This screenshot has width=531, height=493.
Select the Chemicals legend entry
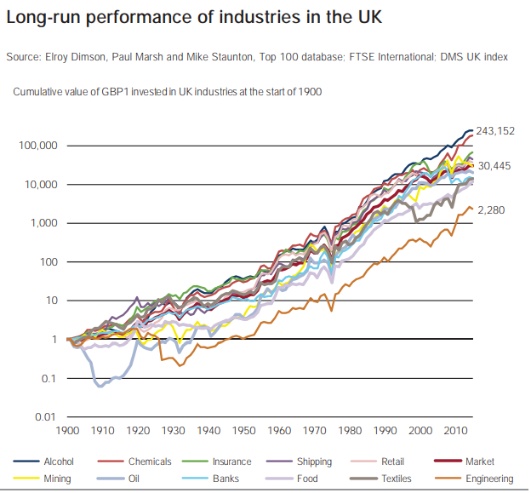pos(149,461)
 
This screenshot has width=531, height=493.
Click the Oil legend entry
pos(135,479)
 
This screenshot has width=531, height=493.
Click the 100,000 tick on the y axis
pos(37,146)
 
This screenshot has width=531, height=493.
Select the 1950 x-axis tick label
pos(245,432)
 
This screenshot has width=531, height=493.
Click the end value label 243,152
pos(495,131)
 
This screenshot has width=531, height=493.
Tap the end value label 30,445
pos(494,166)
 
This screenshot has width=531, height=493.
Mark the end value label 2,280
pos(490,209)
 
